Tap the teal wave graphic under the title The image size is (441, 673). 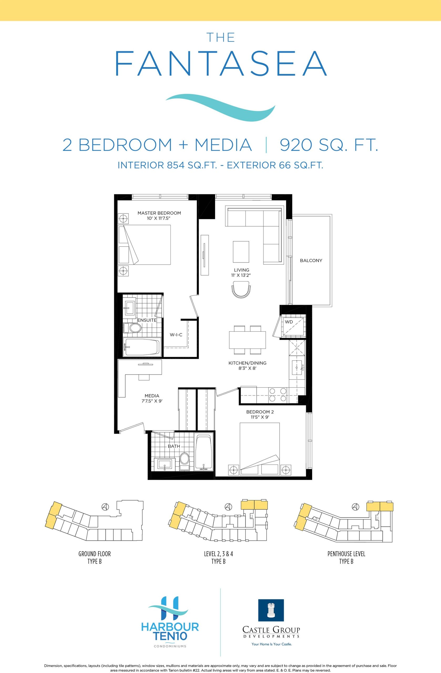click(x=220, y=105)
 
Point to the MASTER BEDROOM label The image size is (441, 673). click(x=159, y=213)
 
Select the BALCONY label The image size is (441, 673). click(x=311, y=261)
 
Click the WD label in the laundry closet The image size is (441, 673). click(x=289, y=322)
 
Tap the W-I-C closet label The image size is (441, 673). click(x=176, y=335)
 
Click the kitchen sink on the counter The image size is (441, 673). click(x=297, y=368)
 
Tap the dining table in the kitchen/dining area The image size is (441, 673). click(x=247, y=340)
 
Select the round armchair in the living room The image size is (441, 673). click(x=241, y=289)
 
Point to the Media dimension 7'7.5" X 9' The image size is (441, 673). click(x=152, y=401)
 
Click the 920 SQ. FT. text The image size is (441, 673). click(x=329, y=145)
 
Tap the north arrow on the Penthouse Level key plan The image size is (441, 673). click(x=355, y=506)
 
